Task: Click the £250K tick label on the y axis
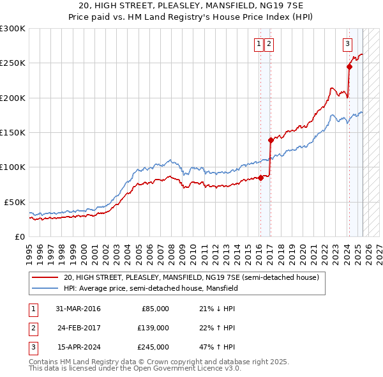click(13, 63)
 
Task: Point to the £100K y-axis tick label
click(13, 167)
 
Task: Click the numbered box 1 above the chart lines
click(259, 44)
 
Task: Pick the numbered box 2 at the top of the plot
click(269, 44)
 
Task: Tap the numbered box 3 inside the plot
click(347, 44)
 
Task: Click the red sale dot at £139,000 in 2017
click(271, 140)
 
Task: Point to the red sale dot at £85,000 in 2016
click(261, 178)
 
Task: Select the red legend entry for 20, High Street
click(191, 277)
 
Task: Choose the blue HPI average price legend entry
click(150, 288)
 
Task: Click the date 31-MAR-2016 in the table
click(79, 309)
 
